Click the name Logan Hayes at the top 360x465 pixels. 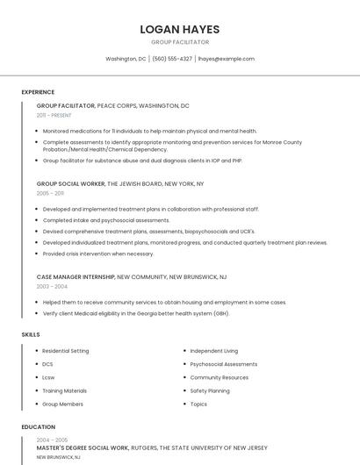click(x=179, y=29)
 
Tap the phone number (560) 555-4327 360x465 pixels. click(x=172, y=59)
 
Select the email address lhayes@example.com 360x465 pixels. click(x=226, y=59)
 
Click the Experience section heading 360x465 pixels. click(x=38, y=92)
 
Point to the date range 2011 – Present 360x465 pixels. click(x=54, y=115)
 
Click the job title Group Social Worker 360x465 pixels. click(x=70, y=184)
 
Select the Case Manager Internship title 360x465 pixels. click(x=76, y=276)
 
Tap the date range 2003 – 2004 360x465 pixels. click(x=52, y=286)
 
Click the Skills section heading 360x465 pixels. click(x=31, y=334)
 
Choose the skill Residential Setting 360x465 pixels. click(x=65, y=351)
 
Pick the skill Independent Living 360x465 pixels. click(x=213, y=351)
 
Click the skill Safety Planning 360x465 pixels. click(x=210, y=390)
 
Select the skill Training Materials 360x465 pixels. click(x=64, y=390)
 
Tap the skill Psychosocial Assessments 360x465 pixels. click(x=223, y=364)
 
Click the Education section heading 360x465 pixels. click(x=38, y=426)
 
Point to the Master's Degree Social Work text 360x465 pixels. click(x=83, y=447)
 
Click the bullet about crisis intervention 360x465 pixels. click(x=97, y=254)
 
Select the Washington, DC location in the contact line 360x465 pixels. click(x=126, y=59)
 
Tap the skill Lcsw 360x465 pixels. click(x=48, y=377)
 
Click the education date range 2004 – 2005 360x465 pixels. click(x=52, y=440)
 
